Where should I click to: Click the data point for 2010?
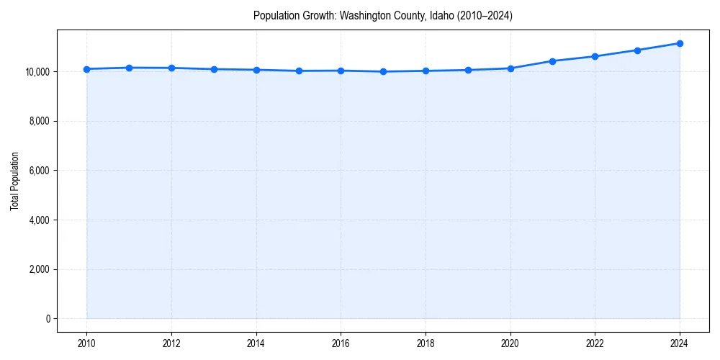click(x=86, y=69)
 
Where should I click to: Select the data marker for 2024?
click(x=680, y=43)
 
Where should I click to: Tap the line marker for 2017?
click(x=383, y=71)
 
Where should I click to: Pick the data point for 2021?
click(x=552, y=61)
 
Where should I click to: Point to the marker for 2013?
click(x=214, y=69)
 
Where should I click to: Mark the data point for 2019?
click(x=468, y=70)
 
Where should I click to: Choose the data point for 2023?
click(x=637, y=50)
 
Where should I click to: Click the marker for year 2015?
click(x=299, y=71)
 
